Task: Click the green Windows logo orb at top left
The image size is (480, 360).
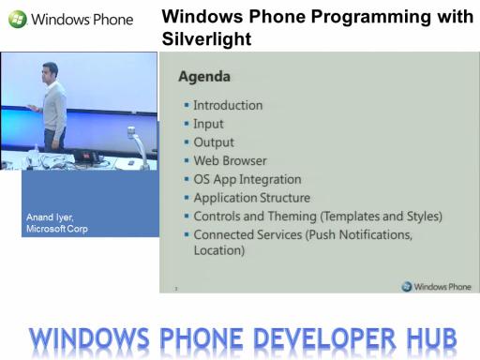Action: [18, 19]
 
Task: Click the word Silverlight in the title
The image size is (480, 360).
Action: [206, 39]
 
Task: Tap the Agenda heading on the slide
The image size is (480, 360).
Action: [204, 77]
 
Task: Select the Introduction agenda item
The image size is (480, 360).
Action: [228, 105]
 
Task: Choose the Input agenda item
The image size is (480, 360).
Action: [208, 124]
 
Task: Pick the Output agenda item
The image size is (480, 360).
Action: [214, 142]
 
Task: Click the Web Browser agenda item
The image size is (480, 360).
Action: [230, 160]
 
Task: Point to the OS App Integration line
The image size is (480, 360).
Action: [247, 179]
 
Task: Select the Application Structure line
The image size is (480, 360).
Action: [252, 198]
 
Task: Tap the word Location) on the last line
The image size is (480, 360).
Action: [219, 250]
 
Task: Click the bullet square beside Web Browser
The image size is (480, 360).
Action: [187, 160]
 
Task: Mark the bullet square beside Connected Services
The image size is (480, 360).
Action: [187, 234]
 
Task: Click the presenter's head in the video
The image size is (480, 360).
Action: [50, 70]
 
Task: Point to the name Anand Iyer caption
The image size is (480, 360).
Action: [50, 217]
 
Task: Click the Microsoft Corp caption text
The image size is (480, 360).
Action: [57, 229]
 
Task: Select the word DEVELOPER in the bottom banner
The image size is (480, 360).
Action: [324, 337]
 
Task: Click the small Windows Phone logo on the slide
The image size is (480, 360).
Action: [436, 287]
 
